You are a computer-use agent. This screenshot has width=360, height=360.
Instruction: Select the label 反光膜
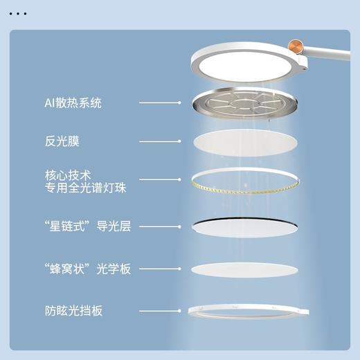tap(57, 142)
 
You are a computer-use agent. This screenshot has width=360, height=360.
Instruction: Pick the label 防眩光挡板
tap(72, 311)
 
